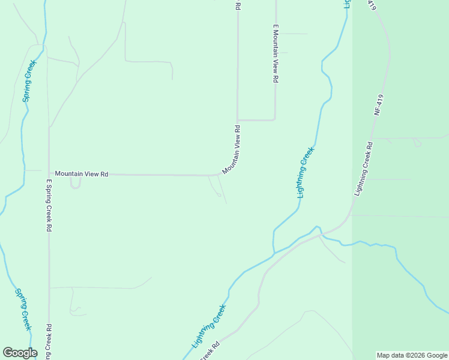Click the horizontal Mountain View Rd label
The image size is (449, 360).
coord(81,174)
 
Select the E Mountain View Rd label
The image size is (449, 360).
coord(276,53)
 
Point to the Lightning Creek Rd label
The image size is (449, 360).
coord(364,169)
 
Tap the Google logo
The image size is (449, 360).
coord(20,353)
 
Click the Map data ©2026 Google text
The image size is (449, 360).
coord(412,355)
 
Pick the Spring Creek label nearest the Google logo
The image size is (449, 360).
coord(23,310)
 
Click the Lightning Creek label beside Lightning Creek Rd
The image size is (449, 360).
coord(306,172)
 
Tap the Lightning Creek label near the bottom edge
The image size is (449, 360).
coord(209,327)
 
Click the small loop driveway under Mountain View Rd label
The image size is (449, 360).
coord(75,184)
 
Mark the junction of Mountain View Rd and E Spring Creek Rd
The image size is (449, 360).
coord(49,174)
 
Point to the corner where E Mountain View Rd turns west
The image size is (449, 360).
coord(275,119)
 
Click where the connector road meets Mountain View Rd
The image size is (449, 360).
coord(238,119)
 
